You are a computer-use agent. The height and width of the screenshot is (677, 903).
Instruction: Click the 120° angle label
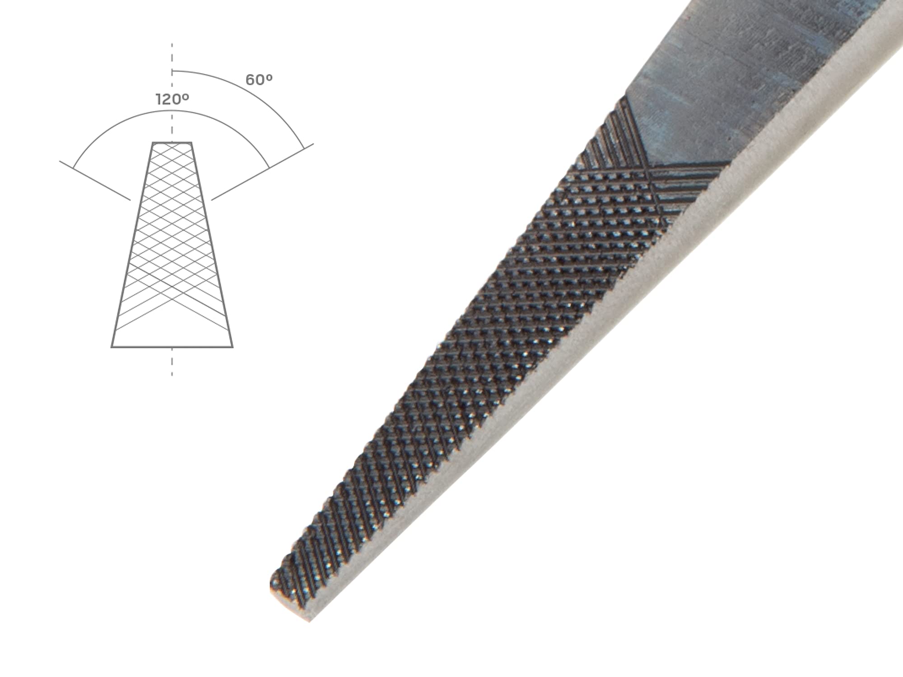click(172, 99)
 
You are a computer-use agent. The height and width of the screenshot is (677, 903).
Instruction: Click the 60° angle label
click(259, 80)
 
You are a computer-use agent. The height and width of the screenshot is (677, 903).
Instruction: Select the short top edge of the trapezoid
click(172, 143)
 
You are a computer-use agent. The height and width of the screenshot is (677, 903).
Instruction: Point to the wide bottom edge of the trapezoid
click(172, 347)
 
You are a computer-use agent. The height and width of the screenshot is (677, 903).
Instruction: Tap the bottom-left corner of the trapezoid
click(112, 347)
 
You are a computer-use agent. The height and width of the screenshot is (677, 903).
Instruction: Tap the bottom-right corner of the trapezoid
click(233, 347)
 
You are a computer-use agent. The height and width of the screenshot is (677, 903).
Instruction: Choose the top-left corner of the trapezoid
click(153, 143)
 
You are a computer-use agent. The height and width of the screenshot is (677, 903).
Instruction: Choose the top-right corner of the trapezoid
click(191, 143)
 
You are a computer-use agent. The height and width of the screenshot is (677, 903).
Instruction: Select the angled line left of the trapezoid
click(95, 180)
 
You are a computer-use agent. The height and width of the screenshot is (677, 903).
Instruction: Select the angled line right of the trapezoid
click(262, 172)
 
